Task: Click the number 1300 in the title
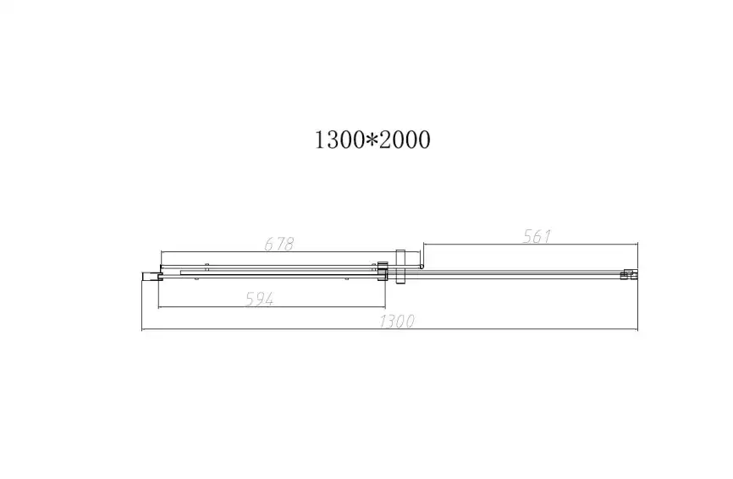click(x=339, y=140)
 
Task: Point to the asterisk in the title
click(x=372, y=140)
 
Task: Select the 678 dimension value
click(x=278, y=244)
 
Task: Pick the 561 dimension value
click(x=537, y=237)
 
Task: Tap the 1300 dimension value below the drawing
click(x=397, y=321)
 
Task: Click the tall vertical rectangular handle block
click(x=401, y=268)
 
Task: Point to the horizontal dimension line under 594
click(x=271, y=306)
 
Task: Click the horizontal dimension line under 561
click(x=529, y=245)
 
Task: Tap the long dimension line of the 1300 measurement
click(x=389, y=329)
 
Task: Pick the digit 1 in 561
click(x=547, y=237)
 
